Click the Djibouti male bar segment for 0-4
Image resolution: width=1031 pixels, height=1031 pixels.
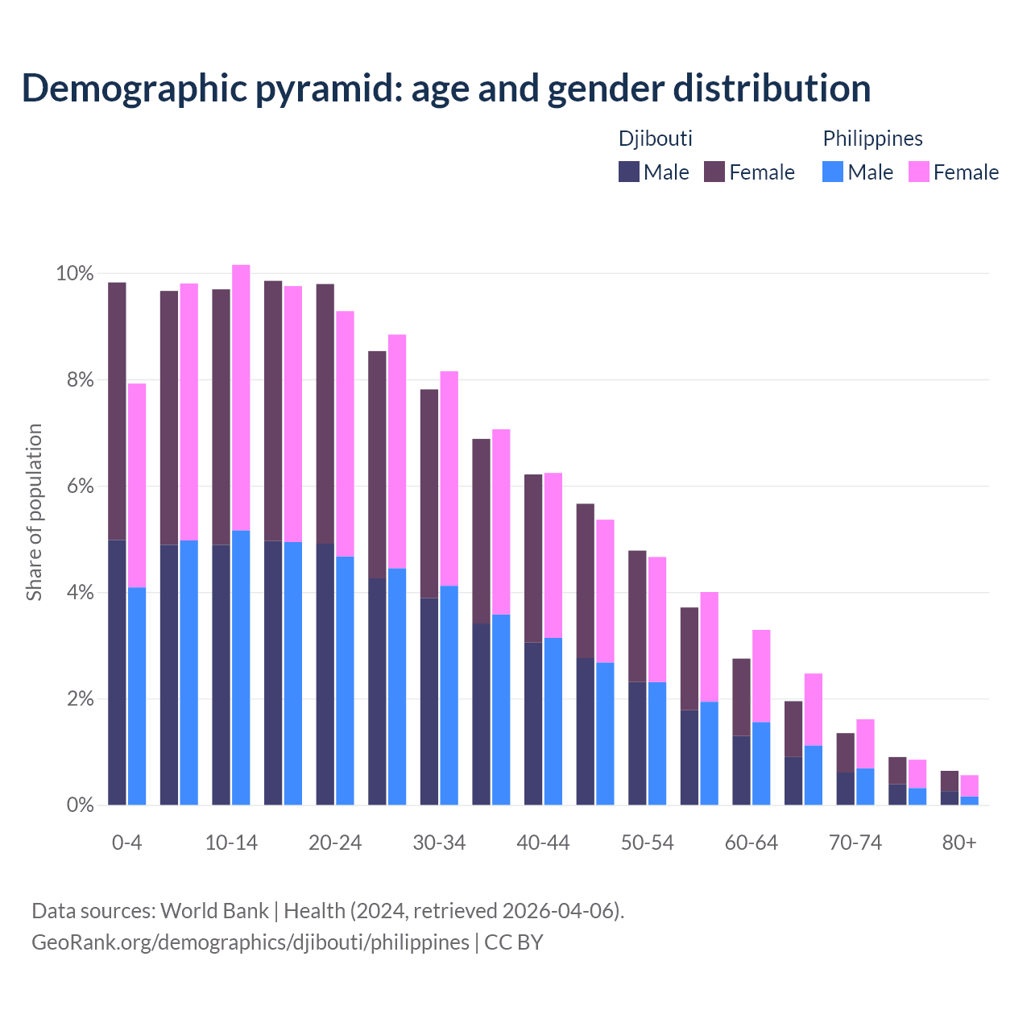(117, 673)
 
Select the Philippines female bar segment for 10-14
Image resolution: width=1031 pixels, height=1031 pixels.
(241, 397)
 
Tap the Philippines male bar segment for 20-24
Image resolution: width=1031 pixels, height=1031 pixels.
(345, 681)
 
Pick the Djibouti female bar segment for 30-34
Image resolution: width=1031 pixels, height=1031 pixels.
(429, 494)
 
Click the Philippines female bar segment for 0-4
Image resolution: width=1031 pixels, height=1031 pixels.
(137, 486)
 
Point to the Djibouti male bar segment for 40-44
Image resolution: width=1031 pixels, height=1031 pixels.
(533, 723)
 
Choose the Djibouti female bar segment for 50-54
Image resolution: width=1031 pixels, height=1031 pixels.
(637, 616)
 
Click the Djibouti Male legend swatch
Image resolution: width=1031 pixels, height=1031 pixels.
(629, 172)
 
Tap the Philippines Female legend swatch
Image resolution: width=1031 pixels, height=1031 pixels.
(918, 172)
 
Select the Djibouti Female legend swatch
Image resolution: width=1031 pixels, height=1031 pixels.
(714, 172)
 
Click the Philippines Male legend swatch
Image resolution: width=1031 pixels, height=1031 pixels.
(833, 172)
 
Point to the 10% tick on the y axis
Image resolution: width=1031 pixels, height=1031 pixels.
(75, 274)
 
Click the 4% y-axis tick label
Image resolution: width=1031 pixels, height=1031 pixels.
(80, 593)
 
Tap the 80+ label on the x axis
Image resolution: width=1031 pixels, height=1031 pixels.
(959, 843)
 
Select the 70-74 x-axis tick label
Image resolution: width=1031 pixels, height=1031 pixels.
(855, 843)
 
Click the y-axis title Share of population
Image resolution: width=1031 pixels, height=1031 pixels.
(34, 512)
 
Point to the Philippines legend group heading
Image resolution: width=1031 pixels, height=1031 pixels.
(872, 139)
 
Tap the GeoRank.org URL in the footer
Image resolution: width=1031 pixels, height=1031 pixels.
(250, 942)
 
